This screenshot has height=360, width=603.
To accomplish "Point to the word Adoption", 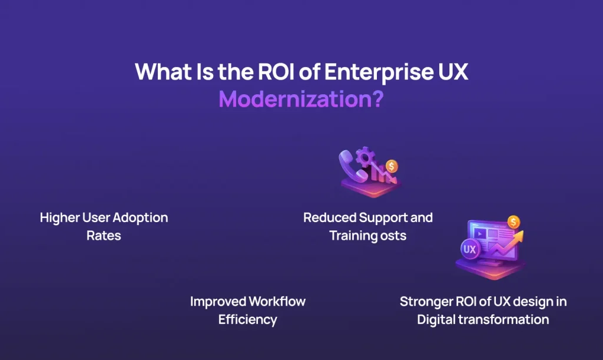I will click(140, 217).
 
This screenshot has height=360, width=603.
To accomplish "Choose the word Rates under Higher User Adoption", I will click(104, 236).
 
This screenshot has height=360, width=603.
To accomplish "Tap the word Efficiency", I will click(247, 320).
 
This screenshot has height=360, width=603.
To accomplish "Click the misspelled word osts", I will click(393, 236).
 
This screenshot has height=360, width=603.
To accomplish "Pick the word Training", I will click(352, 236).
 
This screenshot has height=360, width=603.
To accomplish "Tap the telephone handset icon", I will click(350, 167).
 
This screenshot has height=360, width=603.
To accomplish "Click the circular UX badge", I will click(469, 249).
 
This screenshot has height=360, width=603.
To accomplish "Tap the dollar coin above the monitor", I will click(513, 222).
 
